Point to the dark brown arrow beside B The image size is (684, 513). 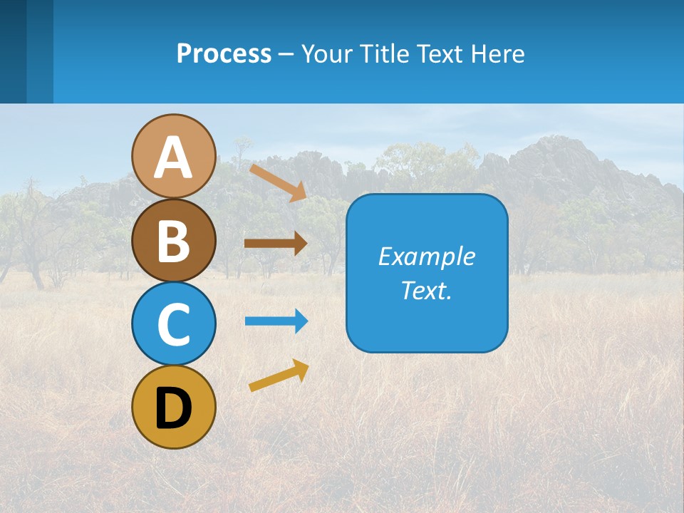pyautogui.click(x=276, y=244)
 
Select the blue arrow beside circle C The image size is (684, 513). pyautogui.click(x=276, y=321)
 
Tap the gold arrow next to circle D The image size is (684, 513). pyautogui.click(x=279, y=375)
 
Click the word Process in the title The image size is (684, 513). pyautogui.click(x=224, y=54)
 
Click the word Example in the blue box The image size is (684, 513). pyautogui.click(x=426, y=256)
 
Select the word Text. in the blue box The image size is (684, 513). pyautogui.click(x=426, y=291)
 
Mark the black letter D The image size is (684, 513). pyautogui.click(x=173, y=408)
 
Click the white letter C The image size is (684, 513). pyautogui.click(x=173, y=324)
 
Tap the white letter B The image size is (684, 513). pyautogui.click(x=173, y=241)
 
